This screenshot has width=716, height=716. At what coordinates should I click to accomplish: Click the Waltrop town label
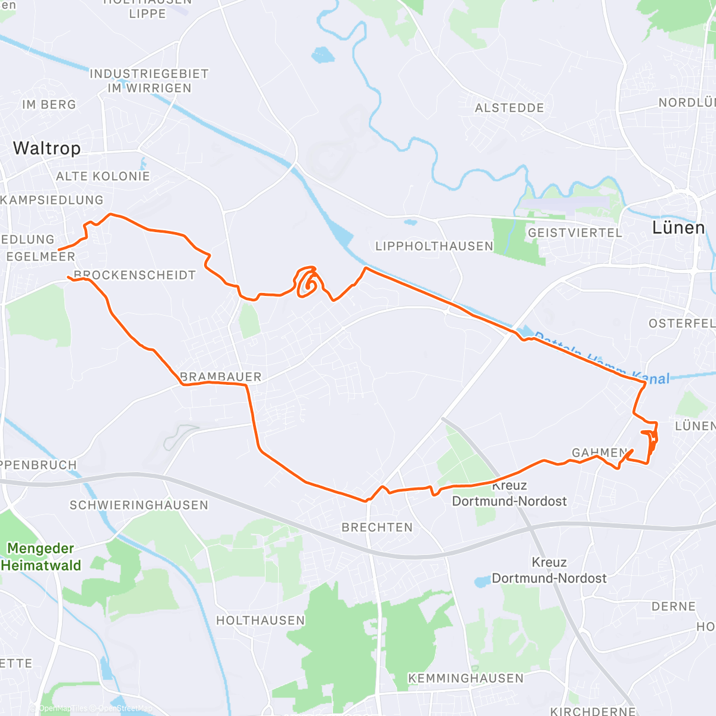[x=47, y=148]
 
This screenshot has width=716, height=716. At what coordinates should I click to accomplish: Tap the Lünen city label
[x=678, y=227]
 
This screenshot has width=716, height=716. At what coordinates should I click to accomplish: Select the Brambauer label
[x=221, y=376]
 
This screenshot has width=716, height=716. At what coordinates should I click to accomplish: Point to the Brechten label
[x=377, y=527]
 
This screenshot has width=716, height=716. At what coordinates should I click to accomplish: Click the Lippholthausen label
[x=434, y=246]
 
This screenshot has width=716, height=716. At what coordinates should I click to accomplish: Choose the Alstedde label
[x=510, y=108]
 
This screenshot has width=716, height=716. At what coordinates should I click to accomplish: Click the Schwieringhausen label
[x=139, y=505]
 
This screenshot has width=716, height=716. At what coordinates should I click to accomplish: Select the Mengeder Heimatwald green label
[x=41, y=557]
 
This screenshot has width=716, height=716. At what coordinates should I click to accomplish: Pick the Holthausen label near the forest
[x=260, y=621]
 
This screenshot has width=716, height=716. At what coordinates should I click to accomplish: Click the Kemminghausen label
[x=465, y=678]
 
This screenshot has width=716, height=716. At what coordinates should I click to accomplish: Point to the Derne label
[x=674, y=606]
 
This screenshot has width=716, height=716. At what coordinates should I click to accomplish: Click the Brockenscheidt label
[x=135, y=275]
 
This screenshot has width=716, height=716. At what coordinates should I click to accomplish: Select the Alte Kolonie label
[x=103, y=176]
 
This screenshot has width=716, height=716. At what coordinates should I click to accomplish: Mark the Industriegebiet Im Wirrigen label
[x=149, y=81]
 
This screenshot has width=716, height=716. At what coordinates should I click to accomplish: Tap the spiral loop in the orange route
[x=307, y=282]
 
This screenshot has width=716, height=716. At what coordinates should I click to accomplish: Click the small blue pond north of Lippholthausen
[x=409, y=223]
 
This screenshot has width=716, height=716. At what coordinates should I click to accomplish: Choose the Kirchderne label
[x=593, y=711]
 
